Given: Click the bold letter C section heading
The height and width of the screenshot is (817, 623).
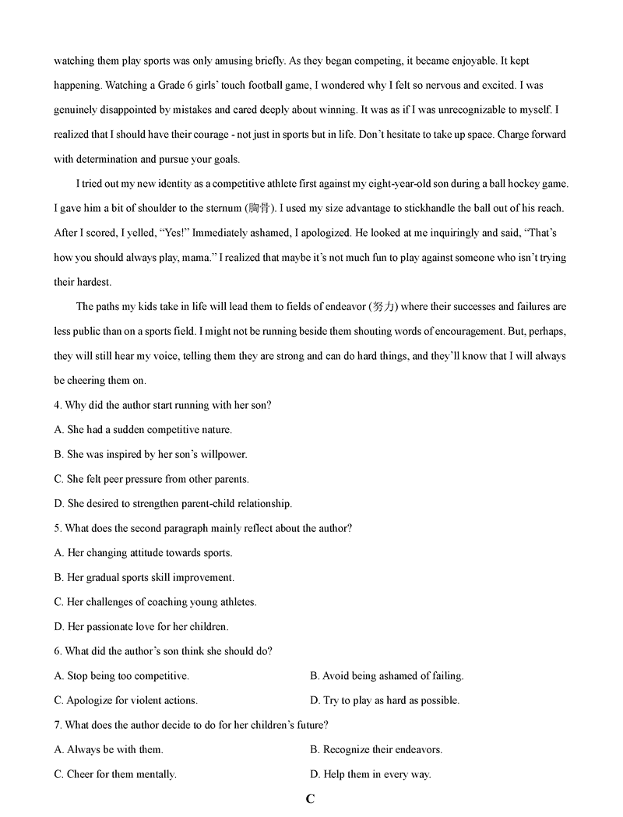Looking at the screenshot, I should [310, 799].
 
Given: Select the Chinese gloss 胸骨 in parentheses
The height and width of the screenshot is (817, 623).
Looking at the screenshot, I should [257, 208].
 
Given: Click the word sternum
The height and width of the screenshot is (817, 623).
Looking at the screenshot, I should [221, 208].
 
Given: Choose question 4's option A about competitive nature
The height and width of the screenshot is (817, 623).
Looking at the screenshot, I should [143, 429].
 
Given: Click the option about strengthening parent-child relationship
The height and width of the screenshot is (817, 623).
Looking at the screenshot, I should [173, 504].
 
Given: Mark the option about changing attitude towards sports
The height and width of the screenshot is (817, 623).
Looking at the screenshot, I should [143, 553].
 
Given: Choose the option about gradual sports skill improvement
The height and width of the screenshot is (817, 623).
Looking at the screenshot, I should [144, 578].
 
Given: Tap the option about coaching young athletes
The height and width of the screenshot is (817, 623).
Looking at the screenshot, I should [155, 602].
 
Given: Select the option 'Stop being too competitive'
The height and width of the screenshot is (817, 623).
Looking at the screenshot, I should [121, 676].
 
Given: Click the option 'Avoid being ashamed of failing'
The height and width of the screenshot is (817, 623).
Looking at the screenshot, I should [386, 676].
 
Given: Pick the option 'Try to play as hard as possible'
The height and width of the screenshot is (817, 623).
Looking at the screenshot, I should [385, 700].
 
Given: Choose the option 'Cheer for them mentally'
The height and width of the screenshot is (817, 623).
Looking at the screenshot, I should [115, 774].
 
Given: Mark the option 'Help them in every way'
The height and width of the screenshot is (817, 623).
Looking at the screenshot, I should [371, 774].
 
